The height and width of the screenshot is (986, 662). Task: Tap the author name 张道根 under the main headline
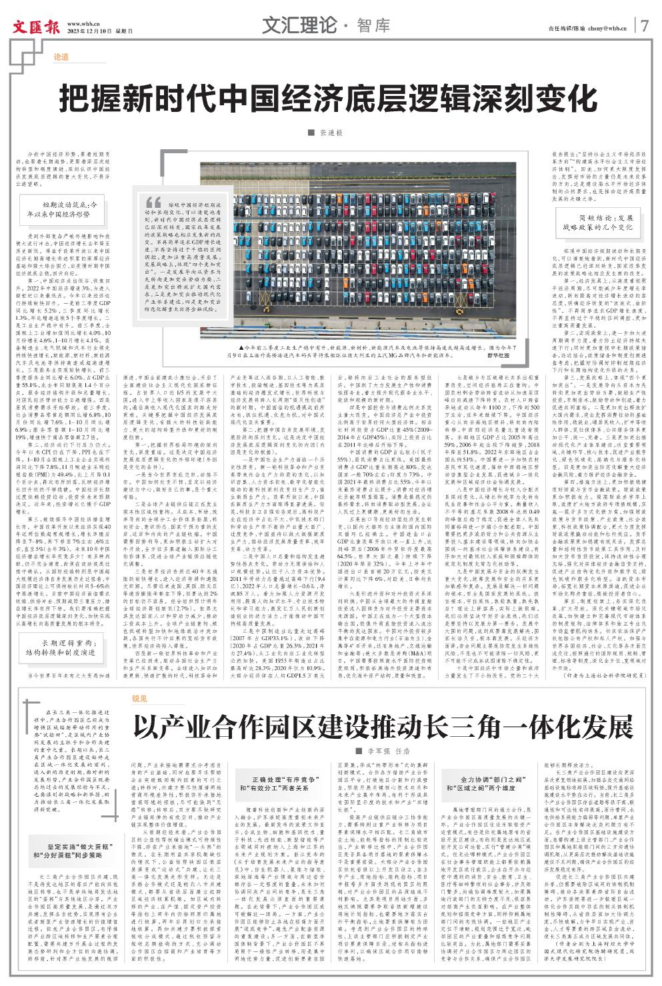(331, 135)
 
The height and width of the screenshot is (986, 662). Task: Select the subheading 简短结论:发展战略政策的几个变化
(596, 222)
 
